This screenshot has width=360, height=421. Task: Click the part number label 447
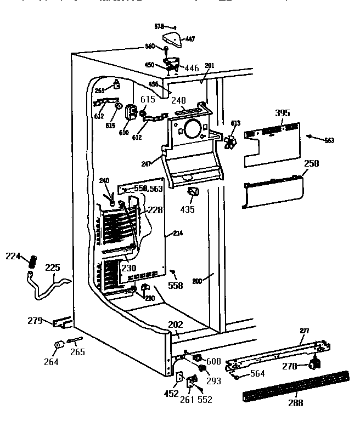[x=190, y=39]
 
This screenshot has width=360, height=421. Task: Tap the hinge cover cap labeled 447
[x=172, y=39]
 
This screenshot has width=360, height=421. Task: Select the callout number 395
[x=282, y=113]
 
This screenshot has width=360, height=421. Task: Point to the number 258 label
[x=311, y=164]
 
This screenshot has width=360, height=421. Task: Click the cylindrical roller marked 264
[x=58, y=346]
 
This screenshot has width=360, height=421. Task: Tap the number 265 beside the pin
[x=77, y=352]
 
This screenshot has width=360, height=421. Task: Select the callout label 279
[x=35, y=320]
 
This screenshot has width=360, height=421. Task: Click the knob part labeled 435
[x=193, y=193]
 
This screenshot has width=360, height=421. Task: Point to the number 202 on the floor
[x=174, y=325]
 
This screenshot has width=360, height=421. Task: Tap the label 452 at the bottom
[x=172, y=393]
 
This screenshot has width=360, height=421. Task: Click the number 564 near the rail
[x=257, y=374]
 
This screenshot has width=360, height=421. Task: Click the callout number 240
[x=104, y=181]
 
